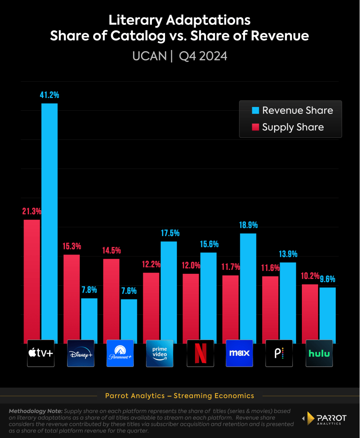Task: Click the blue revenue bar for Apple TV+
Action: point(49,223)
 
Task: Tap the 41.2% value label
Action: point(49,95)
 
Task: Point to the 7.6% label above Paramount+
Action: point(129,291)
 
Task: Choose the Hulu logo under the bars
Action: point(319,353)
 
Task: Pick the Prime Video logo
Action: point(159,353)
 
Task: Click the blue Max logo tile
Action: point(239,353)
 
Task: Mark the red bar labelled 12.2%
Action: point(151,308)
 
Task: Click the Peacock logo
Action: point(279,353)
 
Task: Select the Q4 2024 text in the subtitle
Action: point(203,56)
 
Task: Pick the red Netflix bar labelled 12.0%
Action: point(191,308)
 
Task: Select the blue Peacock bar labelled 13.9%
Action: point(288,302)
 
